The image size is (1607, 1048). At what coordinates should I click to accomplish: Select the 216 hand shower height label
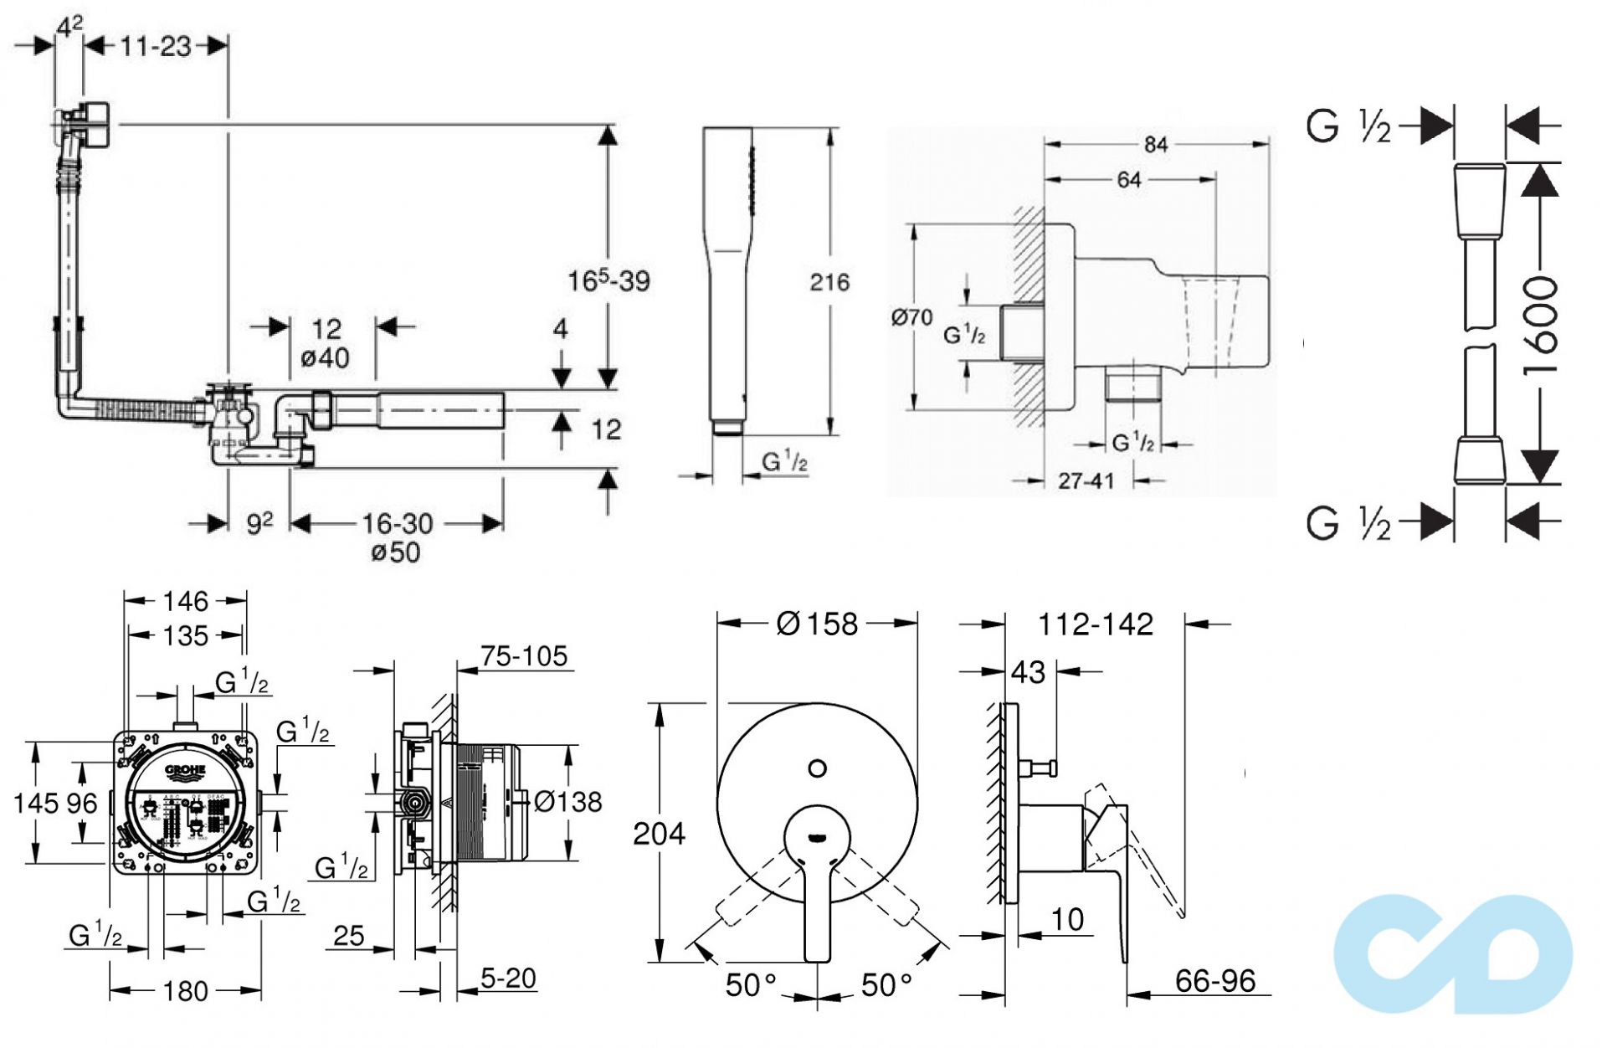pyautogui.click(x=829, y=282)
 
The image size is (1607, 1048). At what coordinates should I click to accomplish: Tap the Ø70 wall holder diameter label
pyautogui.click(x=911, y=317)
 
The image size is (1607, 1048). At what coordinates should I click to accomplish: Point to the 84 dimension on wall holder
pyautogui.click(x=1156, y=145)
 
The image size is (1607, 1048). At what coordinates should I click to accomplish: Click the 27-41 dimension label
pyautogui.click(x=1086, y=481)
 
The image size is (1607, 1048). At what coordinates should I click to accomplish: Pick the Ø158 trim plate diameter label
pyautogui.click(x=817, y=624)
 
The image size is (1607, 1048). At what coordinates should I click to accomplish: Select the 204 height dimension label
pyautogui.click(x=659, y=834)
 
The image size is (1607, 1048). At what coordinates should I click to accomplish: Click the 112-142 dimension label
pyautogui.click(x=1095, y=624)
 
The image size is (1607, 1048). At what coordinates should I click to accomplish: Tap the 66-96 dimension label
pyautogui.click(x=1214, y=981)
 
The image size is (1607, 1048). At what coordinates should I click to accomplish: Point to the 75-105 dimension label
pyautogui.click(x=524, y=656)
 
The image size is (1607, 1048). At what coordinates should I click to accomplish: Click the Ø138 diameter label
pyautogui.click(x=567, y=802)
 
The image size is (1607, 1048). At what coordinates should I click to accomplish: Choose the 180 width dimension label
pyautogui.click(x=185, y=991)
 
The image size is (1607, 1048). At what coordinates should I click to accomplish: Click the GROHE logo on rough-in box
pyautogui.click(x=185, y=770)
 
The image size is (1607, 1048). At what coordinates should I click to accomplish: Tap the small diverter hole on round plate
pyautogui.click(x=818, y=768)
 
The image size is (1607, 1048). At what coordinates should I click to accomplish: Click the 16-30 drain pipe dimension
pyautogui.click(x=397, y=524)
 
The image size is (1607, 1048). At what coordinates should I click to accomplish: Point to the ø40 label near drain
pyautogui.click(x=326, y=358)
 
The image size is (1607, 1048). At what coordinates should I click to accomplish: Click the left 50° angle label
pyautogui.click(x=750, y=985)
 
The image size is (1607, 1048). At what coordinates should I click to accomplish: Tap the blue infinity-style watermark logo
pyautogui.click(x=1453, y=954)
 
